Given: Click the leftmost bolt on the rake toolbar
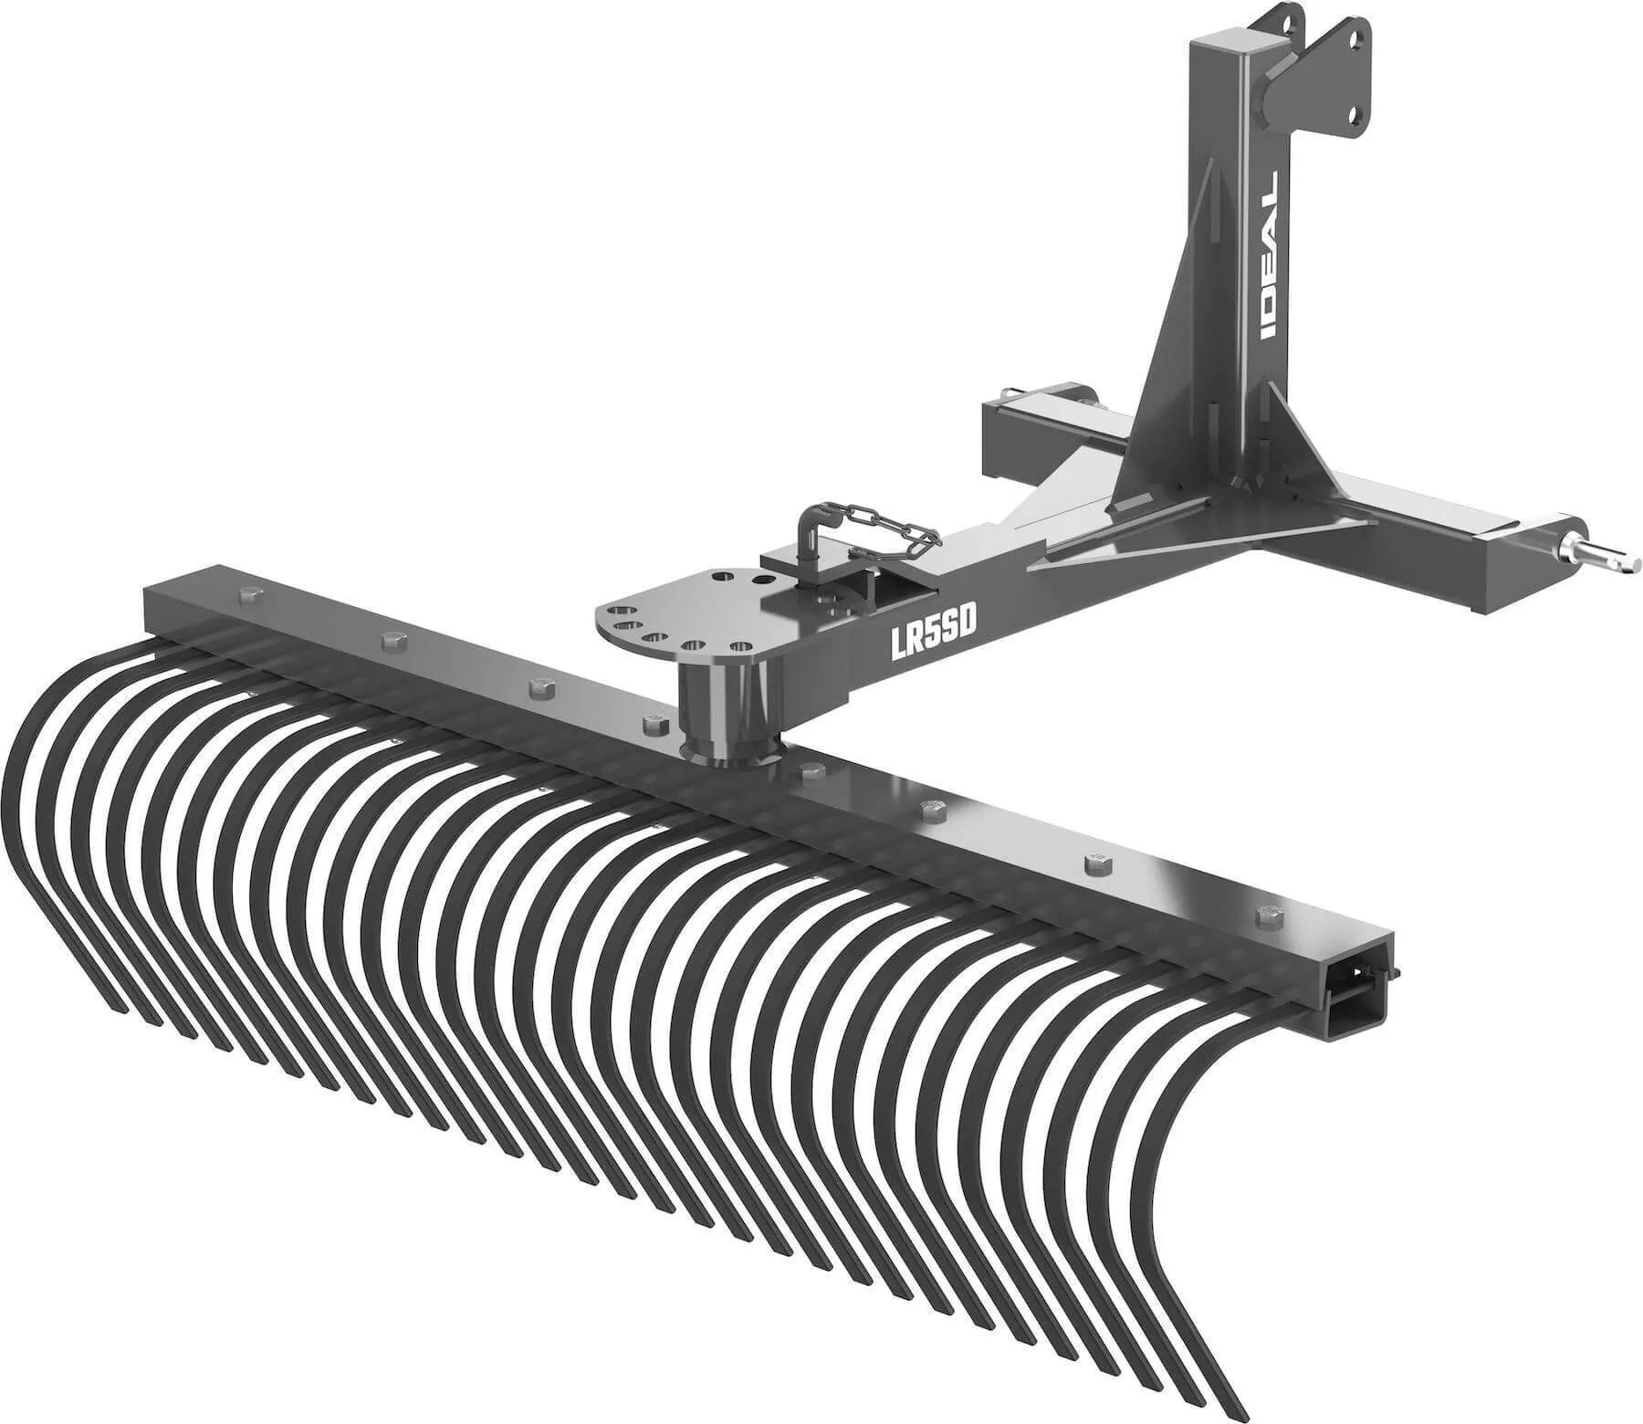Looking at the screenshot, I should click(x=248, y=597).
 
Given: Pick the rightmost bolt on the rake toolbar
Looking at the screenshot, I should click(x=1265, y=914).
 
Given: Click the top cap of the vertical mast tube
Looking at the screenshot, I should click(x=1232, y=46).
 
